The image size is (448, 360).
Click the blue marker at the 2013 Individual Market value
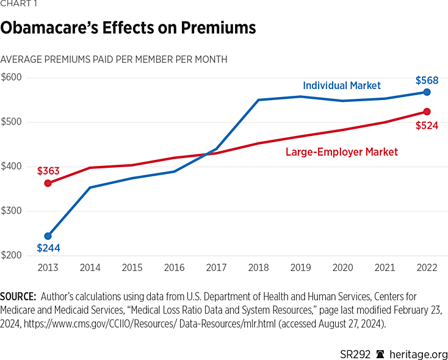click(48, 236)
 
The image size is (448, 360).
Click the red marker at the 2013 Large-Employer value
click(48, 183)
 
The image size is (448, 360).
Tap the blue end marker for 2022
click(427, 92)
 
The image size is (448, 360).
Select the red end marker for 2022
click(427, 112)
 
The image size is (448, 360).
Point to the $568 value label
click(427, 81)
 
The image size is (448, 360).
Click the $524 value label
click(427, 126)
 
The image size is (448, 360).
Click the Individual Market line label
click(342, 85)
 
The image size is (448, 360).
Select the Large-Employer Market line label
click(342, 152)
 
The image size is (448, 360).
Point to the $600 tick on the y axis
click(11, 77)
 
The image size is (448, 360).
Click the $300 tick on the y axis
click(11, 211)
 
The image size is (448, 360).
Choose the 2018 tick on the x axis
click(258, 268)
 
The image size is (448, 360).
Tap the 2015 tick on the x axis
click(132, 268)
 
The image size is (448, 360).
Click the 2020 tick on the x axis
click(342, 268)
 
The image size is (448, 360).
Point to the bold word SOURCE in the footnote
click(18, 297)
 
